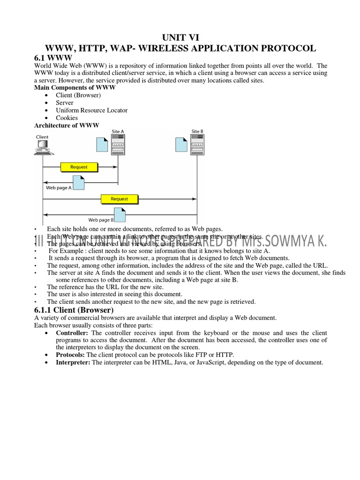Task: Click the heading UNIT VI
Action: pos(180,37)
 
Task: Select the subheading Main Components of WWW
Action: pos(75,88)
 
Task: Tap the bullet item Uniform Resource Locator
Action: pos(91,110)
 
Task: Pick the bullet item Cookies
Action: pos(67,118)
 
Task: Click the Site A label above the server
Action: pos(118,132)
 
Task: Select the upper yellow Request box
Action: pos(78,166)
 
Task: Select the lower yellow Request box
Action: pos(119,199)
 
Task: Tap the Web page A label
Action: pos(59,187)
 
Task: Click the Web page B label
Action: pos(101,219)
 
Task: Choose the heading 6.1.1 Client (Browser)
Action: pos(74,310)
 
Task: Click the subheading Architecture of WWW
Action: pos(67,125)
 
